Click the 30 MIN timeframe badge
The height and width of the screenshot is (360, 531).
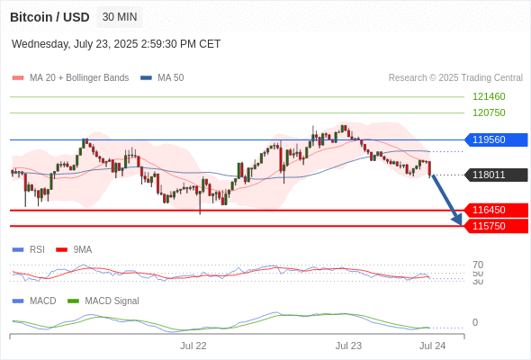(x=120, y=17)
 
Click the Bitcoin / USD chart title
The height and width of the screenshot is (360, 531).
(x=49, y=17)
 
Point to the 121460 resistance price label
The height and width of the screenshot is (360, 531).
(x=489, y=96)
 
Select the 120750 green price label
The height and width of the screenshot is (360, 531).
(x=489, y=112)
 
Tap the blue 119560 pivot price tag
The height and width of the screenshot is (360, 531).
(x=496, y=139)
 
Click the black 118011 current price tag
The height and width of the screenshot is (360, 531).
(x=496, y=175)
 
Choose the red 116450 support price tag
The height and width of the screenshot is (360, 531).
(x=496, y=210)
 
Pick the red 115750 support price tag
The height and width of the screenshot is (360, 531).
(x=496, y=226)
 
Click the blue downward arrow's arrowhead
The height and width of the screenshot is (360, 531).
(x=458, y=221)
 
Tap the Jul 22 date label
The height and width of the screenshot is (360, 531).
(x=193, y=346)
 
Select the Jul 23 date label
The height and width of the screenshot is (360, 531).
(x=348, y=346)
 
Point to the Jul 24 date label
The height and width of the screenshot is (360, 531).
(x=433, y=346)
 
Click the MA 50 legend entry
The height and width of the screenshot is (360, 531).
(x=162, y=78)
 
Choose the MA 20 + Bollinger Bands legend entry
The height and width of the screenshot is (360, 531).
(x=70, y=78)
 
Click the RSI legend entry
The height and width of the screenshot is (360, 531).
(x=29, y=249)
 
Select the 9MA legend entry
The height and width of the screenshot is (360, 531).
(x=74, y=249)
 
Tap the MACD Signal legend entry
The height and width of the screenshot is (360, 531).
(x=103, y=301)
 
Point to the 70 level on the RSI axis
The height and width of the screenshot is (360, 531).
(x=478, y=265)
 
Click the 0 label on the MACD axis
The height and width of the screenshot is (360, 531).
(x=475, y=322)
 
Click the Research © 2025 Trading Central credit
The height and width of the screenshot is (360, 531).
(x=455, y=78)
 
